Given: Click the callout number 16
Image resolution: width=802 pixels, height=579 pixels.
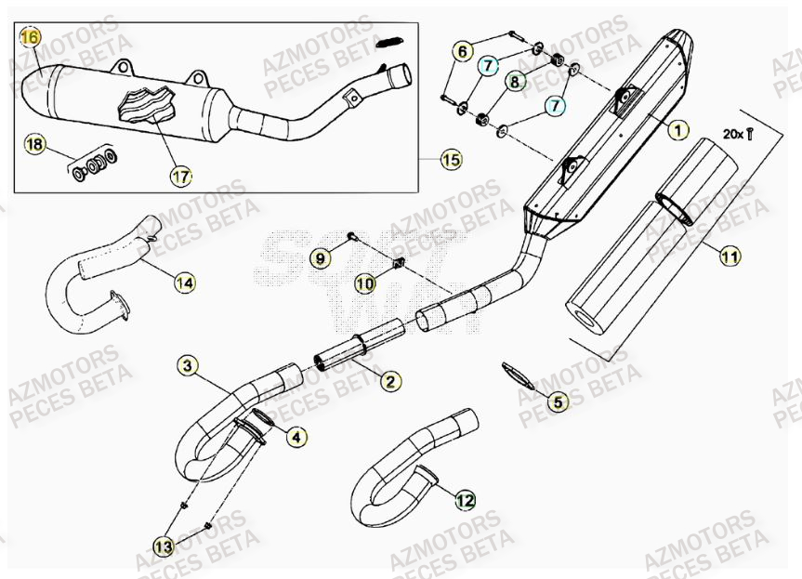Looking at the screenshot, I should (x=31, y=37).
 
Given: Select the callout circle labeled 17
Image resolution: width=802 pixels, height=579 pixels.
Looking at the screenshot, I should (x=180, y=174).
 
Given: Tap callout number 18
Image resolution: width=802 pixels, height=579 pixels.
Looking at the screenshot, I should (x=34, y=145).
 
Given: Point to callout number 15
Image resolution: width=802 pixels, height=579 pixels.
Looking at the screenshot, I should (x=451, y=160).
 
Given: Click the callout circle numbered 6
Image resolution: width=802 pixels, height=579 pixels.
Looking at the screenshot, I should (x=462, y=52).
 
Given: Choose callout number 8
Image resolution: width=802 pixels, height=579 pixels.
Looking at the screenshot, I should (x=514, y=83).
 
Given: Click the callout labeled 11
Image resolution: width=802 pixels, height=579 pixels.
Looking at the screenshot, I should (x=730, y=253).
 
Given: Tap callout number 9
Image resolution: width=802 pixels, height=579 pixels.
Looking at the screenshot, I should (x=319, y=257).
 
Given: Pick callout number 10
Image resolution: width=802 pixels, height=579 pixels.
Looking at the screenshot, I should (x=363, y=282).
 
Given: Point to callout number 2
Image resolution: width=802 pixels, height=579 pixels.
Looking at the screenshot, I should (x=389, y=380).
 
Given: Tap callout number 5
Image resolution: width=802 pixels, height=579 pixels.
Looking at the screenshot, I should (x=557, y=402).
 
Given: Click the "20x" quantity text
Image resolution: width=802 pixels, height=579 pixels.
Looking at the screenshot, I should (x=732, y=135).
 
